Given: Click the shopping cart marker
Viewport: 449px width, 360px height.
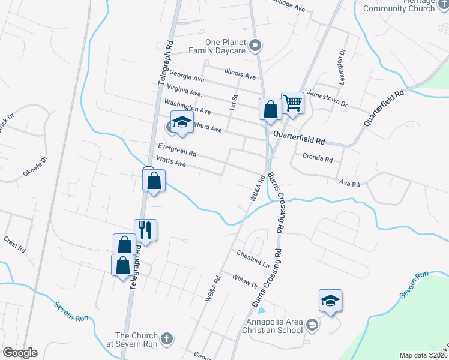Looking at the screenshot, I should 292,102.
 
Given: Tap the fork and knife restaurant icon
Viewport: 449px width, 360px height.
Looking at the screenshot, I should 145,229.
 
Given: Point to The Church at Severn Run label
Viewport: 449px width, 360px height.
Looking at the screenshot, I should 136,340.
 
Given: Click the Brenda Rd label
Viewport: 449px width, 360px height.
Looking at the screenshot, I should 318,159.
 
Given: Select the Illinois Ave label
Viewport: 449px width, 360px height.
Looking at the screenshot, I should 240,76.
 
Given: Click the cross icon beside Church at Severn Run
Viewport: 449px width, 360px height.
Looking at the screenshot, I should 167,339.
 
